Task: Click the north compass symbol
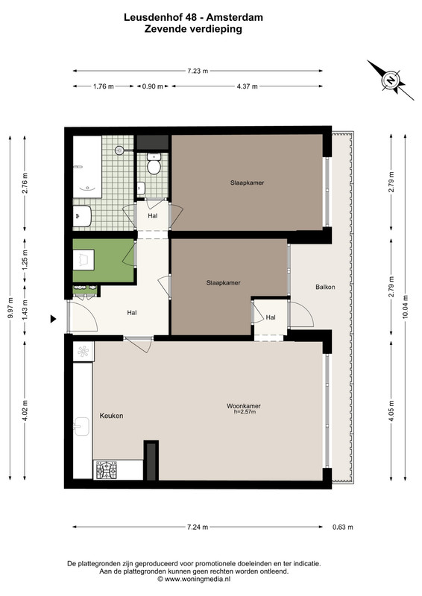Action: [x=391, y=80]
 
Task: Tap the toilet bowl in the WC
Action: [x=154, y=164]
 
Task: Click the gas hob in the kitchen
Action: [x=107, y=470]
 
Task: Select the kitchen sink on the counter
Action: [x=81, y=426]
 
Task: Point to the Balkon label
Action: [x=325, y=287]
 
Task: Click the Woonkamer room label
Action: [x=244, y=406]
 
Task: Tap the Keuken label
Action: [x=111, y=416]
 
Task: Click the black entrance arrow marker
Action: [x=53, y=320]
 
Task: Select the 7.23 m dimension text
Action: [x=198, y=71]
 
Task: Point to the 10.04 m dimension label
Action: [x=405, y=308]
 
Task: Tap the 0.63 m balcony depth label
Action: [x=342, y=527]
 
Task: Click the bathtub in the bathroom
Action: [x=87, y=167]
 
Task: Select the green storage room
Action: [x=104, y=261]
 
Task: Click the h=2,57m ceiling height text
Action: [x=245, y=412]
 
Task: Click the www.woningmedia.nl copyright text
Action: [x=194, y=580]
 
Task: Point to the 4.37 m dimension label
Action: [x=248, y=86]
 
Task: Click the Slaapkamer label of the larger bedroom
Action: [x=247, y=183]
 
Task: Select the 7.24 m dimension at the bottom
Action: [x=198, y=527]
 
